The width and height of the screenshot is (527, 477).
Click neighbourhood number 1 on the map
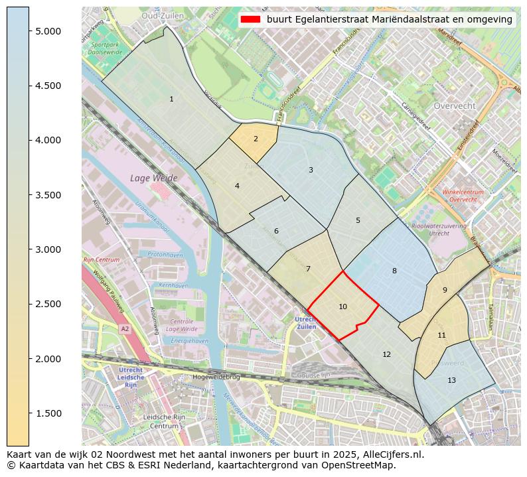(x=171, y=100)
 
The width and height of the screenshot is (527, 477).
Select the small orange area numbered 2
(x=256, y=139)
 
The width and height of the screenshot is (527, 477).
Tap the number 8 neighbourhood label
(x=394, y=271)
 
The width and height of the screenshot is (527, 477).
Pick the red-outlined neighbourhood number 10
(x=342, y=307)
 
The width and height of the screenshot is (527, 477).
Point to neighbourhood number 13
(x=451, y=380)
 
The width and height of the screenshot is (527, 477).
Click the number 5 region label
(x=358, y=220)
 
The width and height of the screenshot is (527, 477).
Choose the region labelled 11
(x=441, y=335)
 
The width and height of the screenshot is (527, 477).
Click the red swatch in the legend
(x=250, y=19)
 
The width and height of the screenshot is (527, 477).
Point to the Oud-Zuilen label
(x=163, y=15)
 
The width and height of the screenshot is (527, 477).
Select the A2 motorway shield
(x=125, y=328)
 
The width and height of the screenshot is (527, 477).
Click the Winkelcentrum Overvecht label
(x=463, y=196)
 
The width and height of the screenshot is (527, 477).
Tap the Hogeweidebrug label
(x=215, y=377)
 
